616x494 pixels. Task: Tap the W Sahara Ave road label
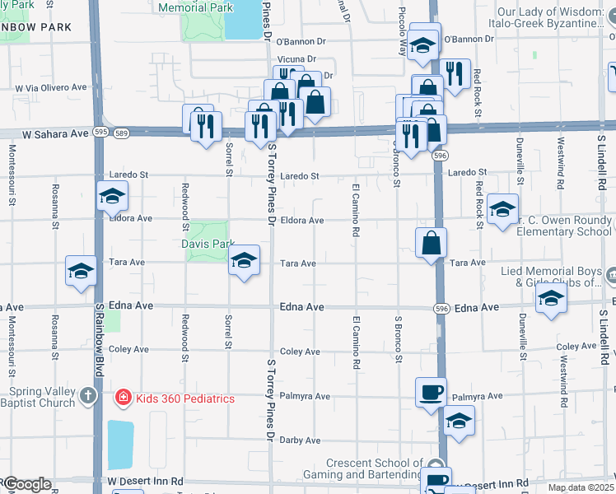coord(55,133)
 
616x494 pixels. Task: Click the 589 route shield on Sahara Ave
coord(122,132)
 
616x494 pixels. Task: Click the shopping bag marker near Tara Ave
coord(432,243)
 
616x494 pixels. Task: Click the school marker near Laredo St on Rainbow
coord(112,195)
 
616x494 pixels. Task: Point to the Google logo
coord(26,484)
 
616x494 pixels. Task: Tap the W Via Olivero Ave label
coord(51,87)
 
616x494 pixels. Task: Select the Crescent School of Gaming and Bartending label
coord(373,468)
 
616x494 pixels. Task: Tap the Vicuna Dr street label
coord(296,59)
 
